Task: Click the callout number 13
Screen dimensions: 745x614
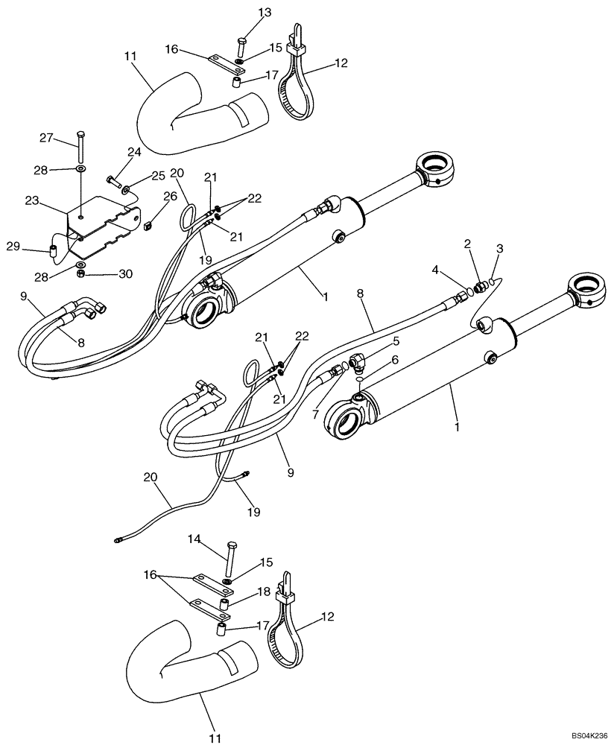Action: click(x=244, y=13)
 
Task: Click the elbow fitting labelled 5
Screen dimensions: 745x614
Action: click(x=356, y=363)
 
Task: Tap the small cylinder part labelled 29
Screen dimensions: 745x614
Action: click(x=53, y=251)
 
